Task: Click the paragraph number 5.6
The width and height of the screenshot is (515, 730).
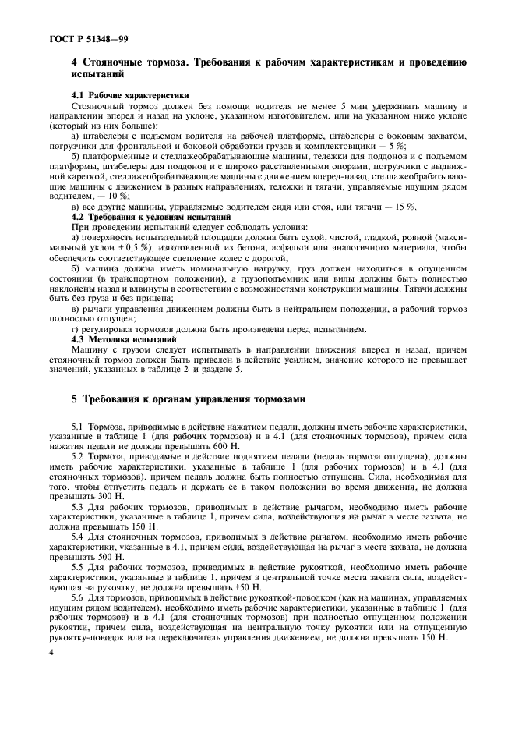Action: [x=79, y=596]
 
